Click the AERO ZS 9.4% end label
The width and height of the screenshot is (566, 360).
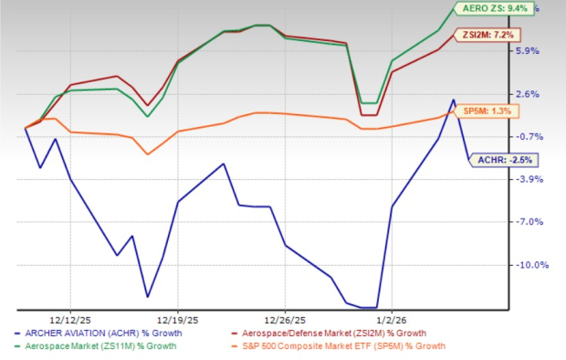[x=494, y=8]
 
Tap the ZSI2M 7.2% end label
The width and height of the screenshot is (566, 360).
[x=492, y=35]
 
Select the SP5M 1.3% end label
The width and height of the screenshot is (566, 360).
[x=490, y=111]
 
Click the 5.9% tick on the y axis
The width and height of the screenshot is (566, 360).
[x=530, y=51]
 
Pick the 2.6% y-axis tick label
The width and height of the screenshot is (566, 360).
[x=530, y=94]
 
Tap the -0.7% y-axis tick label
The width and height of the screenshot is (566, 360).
[x=529, y=137]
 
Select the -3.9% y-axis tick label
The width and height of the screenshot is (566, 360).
[x=529, y=179]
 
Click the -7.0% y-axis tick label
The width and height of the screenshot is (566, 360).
[x=529, y=222]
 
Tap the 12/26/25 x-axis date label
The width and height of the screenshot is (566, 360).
[x=285, y=319]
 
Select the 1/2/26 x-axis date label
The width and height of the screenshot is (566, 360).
[x=392, y=319]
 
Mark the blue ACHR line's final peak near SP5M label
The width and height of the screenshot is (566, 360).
[x=453, y=100]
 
